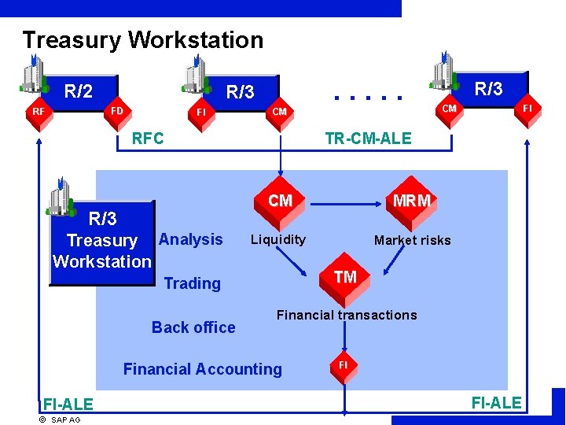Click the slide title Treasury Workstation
(142, 39)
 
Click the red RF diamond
(38, 112)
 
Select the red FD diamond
(116, 110)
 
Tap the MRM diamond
(411, 201)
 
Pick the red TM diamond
(345, 276)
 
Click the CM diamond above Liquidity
(280, 201)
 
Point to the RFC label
(148, 139)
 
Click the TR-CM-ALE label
(368, 139)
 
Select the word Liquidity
(277, 239)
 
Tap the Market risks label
(412, 240)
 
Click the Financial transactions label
(347, 315)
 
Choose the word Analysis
(190, 239)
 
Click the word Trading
(192, 283)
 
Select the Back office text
(193, 327)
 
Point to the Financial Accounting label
(202, 368)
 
